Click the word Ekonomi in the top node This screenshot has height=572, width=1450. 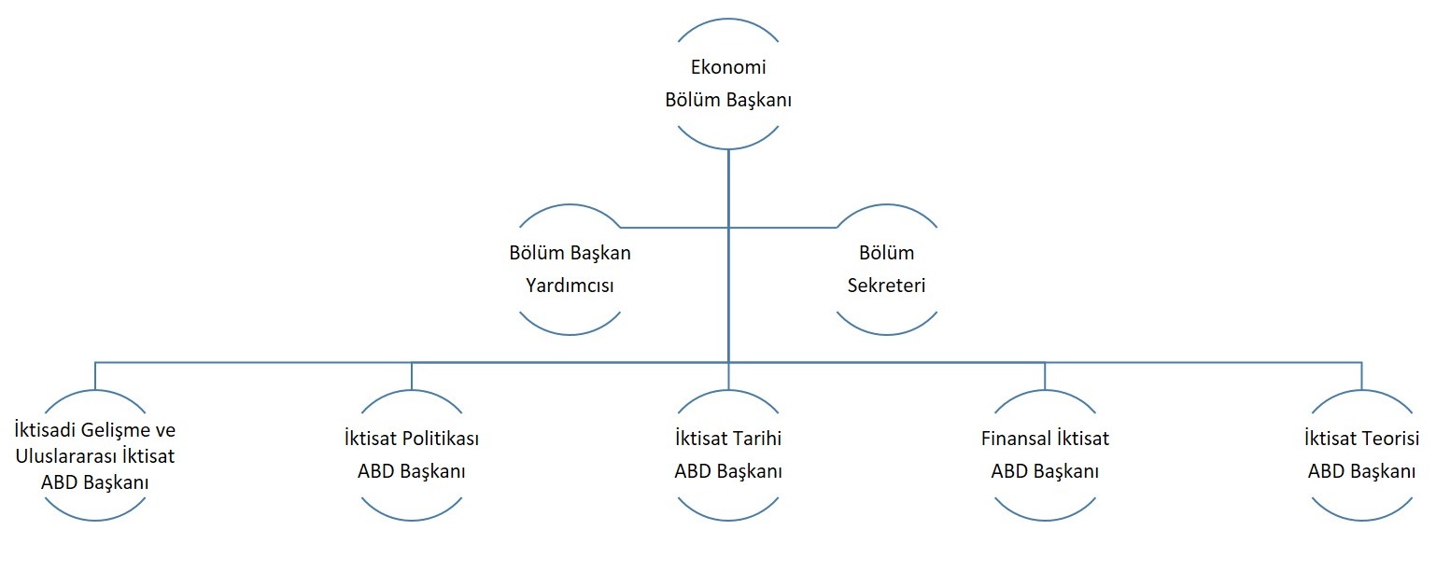click(x=728, y=66)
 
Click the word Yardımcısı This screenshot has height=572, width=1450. click(x=570, y=286)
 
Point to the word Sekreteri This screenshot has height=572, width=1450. click(x=887, y=286)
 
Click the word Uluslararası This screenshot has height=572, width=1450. click(x=64, y=456)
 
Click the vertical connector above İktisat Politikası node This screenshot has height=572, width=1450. click(x=412, y=376)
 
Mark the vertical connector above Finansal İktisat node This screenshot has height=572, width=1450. click(x=1045, y=376)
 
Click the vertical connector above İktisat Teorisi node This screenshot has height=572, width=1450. click(x=1362, y=376)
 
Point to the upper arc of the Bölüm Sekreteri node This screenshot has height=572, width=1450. click(x=887, y=205)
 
